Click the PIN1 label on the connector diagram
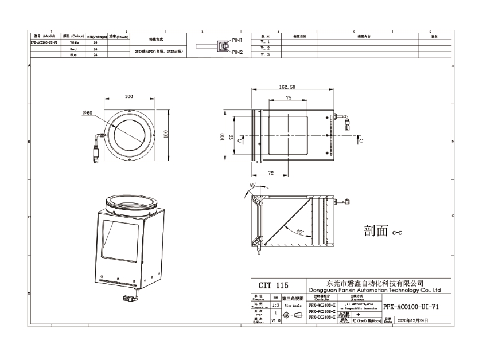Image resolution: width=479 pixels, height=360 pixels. pyautogui.click(x=238, y=40)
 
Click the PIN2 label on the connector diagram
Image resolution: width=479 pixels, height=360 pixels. pyautogui.click(x=238, y=52)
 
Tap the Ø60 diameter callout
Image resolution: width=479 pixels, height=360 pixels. pyautogui.click(x=87, y=113)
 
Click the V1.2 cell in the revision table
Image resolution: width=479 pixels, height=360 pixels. pyautogui.click(x=264, y=48)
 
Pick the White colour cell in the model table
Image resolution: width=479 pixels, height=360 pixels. pyautogui.click(x=74, y=42)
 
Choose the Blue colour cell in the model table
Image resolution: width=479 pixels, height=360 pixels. pyautogui.click(x=73, y=56)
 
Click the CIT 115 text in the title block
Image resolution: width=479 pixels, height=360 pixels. pyautogui.click(x=274, y=285)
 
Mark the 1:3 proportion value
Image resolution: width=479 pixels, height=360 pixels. pyautogui.click(x=276, y=306)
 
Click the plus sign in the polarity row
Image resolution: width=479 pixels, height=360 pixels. pyautogui.click(x=358, y=314)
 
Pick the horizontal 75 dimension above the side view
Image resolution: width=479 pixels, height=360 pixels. pyautogui.click(x=288, y=98)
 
